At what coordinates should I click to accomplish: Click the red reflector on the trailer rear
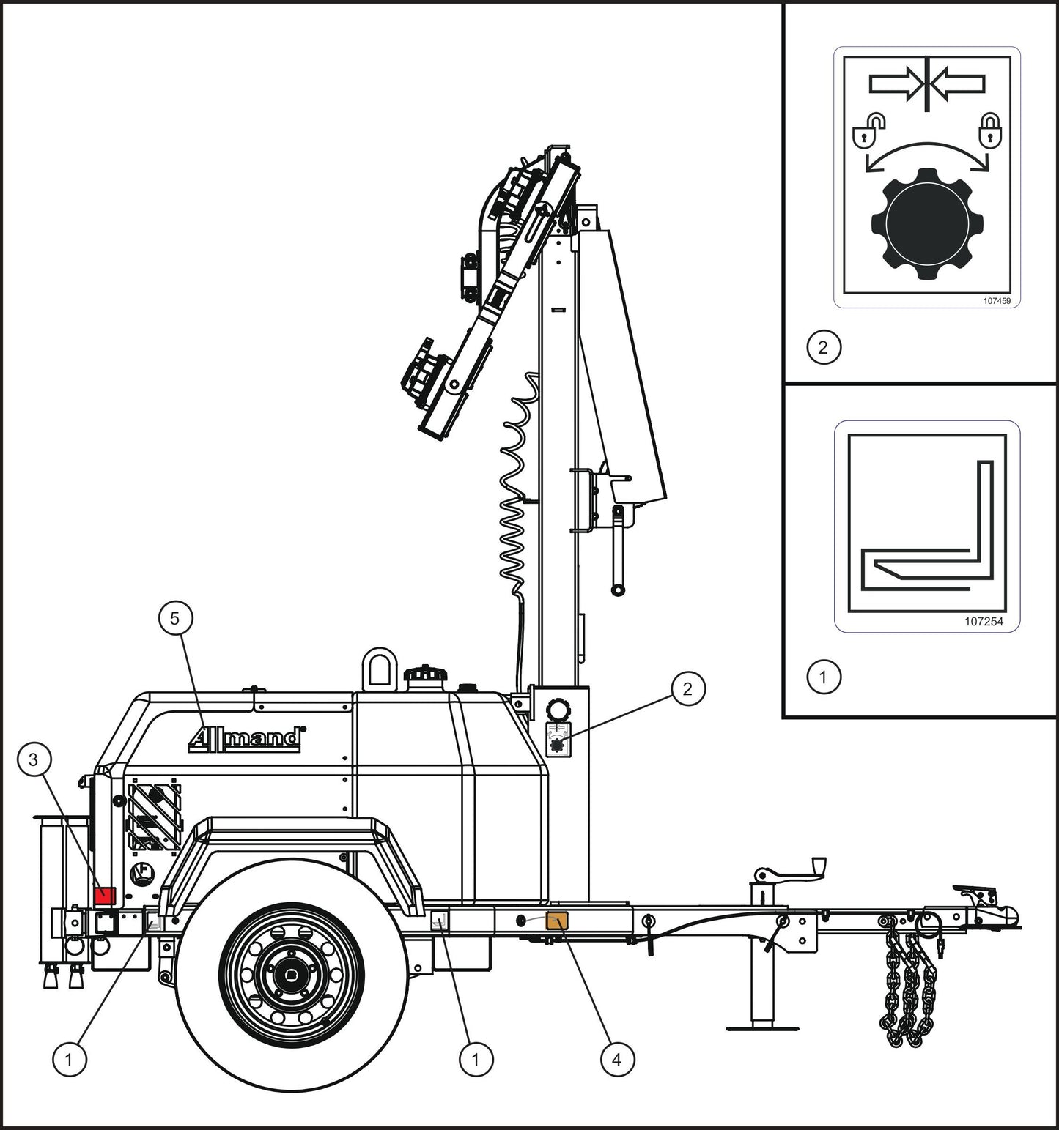pyautogui.click(x=105, y=895)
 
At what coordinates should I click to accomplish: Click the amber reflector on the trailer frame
pyautogui.click(x=558, y=921)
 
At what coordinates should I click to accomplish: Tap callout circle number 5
pyautogui.click(x=174, y=618)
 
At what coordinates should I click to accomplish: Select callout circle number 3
pyautogui.click(x=33, y=759)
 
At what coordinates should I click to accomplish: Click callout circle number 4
pyautogui.click(x=616, y=1059)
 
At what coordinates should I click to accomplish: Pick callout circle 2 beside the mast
pyautogui.click(x=687, y=688)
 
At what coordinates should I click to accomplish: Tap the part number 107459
pyautogui.click(x=996, y=300)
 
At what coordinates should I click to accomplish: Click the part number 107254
pyautogui.click(x=983, y=621)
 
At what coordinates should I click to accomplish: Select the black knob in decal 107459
pyautogui.click(x=927, y=218)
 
